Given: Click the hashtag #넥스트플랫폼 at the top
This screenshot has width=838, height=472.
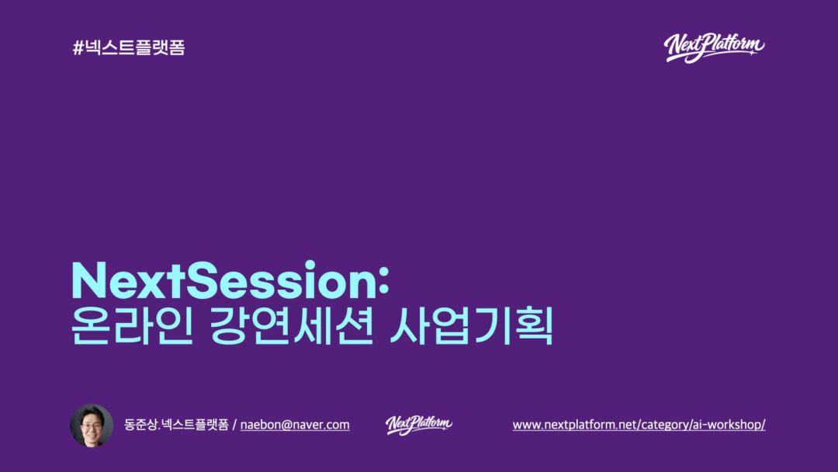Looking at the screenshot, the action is [x=129, y=47].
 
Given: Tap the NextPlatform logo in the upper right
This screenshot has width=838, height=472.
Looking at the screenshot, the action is [x=714, y=48].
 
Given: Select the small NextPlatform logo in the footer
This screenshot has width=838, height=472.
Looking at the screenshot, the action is [x=419, y=425].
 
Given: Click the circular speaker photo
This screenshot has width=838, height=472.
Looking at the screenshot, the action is [x=92, y=425].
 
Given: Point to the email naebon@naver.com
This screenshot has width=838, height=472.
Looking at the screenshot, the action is [x=295, y=425].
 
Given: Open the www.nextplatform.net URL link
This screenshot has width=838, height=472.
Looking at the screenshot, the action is [x=639, y=425].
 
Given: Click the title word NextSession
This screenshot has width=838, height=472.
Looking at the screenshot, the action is [x=224, y=279].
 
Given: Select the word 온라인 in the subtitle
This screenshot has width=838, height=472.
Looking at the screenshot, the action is [x=131, y=325].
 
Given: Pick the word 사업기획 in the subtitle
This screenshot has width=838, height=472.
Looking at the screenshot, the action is [x=472, y=325].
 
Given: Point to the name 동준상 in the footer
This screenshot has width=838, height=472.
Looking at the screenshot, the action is [x=140, y=425].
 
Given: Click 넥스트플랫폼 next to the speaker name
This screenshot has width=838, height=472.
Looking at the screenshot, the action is [x=195, y=425].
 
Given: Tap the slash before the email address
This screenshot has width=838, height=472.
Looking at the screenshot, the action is [x=234, y=425].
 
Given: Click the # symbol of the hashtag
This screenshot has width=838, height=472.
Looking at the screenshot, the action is [x=78, y=48].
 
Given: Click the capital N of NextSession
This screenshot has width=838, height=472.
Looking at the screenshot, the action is [x=89, y=279].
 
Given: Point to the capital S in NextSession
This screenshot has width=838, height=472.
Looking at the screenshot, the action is [x=203, y=279].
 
